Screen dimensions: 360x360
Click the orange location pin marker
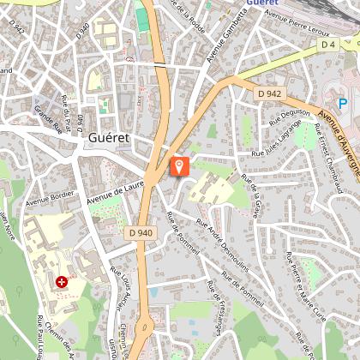click(x=180, y=165)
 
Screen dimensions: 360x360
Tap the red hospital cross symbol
click(x=62, y=280)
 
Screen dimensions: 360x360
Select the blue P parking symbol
click(x=343, y=104)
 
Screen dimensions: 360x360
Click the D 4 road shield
click(x=327, y=44)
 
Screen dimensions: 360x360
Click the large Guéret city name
click(x=109, y=137)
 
